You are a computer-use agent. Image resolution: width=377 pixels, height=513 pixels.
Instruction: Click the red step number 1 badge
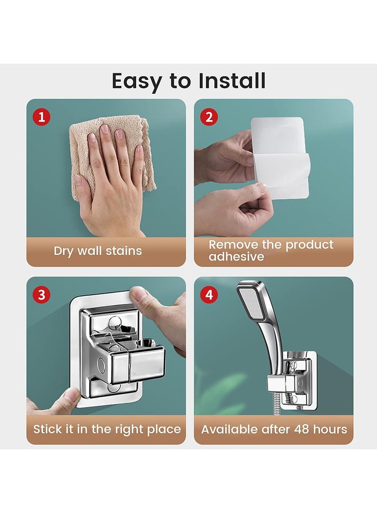pyautogui.click(x=41, y=117)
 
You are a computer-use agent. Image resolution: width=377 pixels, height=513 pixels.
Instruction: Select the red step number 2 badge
pyautogui.click(x=209, y=117)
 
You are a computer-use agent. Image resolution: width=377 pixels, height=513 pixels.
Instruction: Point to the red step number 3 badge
pyautogui.click(x=41, y=295)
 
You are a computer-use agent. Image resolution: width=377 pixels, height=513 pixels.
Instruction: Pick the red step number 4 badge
pyautogui.click(x=209, y=295)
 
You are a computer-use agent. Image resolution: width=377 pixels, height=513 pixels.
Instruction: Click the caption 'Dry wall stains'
pyautogui.click(x=98, y=251)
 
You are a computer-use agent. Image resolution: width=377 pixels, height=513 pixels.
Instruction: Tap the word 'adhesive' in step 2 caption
pyautogui.click(x=236, y=257)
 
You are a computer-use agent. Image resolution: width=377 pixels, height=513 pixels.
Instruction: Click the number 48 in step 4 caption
pyautogui.click(x=302, y=429)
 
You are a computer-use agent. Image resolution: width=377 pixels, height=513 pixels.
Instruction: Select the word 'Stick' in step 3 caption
pyautogui.click(x=47, y=429)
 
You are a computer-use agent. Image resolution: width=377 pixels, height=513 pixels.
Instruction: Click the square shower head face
pyautogui.click(x=251, y=301)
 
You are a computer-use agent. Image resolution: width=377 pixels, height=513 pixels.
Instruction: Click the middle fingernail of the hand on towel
pyautogui.click(x=105, y=129)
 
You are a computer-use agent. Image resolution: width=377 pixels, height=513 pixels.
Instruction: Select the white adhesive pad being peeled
pyautogui.click(x=280, y=157)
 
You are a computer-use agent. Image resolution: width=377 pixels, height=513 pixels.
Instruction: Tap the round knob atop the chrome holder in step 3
pyautogui.click(x=115, y=323)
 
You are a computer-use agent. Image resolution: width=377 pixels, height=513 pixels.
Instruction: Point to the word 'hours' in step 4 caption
pyautogui.click(x=330, y=429)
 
